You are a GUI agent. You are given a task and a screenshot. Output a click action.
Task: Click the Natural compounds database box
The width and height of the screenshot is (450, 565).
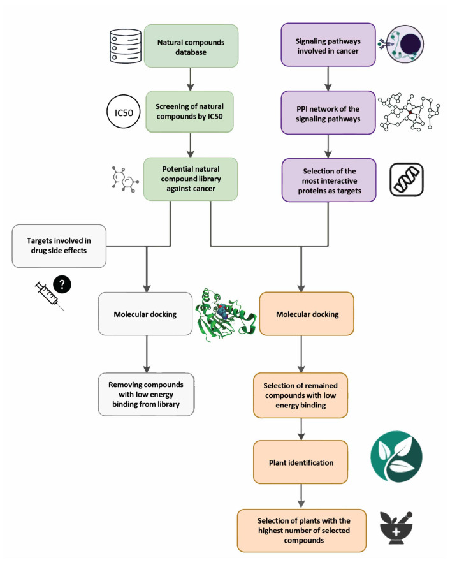(191, 46)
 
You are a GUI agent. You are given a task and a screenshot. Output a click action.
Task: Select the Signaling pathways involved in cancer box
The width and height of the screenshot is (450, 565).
(328, 45)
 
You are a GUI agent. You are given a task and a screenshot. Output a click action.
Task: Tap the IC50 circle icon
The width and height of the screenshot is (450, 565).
(124, 112)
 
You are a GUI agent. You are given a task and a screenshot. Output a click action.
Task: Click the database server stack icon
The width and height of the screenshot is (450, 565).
(125, 47)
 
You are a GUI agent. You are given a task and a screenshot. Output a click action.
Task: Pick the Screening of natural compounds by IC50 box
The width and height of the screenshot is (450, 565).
(189, 112)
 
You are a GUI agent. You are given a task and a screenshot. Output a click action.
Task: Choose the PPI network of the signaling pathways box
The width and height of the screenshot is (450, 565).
(328, 112)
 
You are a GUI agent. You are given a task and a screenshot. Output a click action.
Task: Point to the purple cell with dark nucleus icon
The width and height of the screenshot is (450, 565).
(402, 44)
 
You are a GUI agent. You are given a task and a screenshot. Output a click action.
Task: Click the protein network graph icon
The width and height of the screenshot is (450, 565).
(409, 112)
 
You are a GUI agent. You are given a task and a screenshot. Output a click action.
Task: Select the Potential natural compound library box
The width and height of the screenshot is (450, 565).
(191, 179)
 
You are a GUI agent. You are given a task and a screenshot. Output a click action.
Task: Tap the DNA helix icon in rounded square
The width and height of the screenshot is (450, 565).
(407, 179)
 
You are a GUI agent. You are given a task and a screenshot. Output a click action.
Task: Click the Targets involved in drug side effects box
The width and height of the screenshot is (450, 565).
(59, 246)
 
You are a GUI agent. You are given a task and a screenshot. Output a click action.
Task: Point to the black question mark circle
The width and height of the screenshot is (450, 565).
(62, 284)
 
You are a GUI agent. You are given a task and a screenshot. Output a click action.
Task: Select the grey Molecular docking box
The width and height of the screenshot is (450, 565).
(145, 314)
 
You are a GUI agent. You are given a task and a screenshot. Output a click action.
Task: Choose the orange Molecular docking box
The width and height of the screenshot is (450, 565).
(307, 314)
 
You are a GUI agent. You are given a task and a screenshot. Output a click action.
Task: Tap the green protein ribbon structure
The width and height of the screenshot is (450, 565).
(226, 314)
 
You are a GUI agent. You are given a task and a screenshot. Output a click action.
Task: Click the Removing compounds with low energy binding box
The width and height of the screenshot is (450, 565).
(146, 395)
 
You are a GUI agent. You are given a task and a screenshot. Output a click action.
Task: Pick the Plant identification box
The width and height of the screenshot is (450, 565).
(300, 462)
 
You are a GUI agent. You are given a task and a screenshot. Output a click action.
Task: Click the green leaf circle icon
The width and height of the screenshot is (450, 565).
(396, 457)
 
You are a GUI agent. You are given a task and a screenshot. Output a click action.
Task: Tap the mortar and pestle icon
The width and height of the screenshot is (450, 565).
(396, 527)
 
